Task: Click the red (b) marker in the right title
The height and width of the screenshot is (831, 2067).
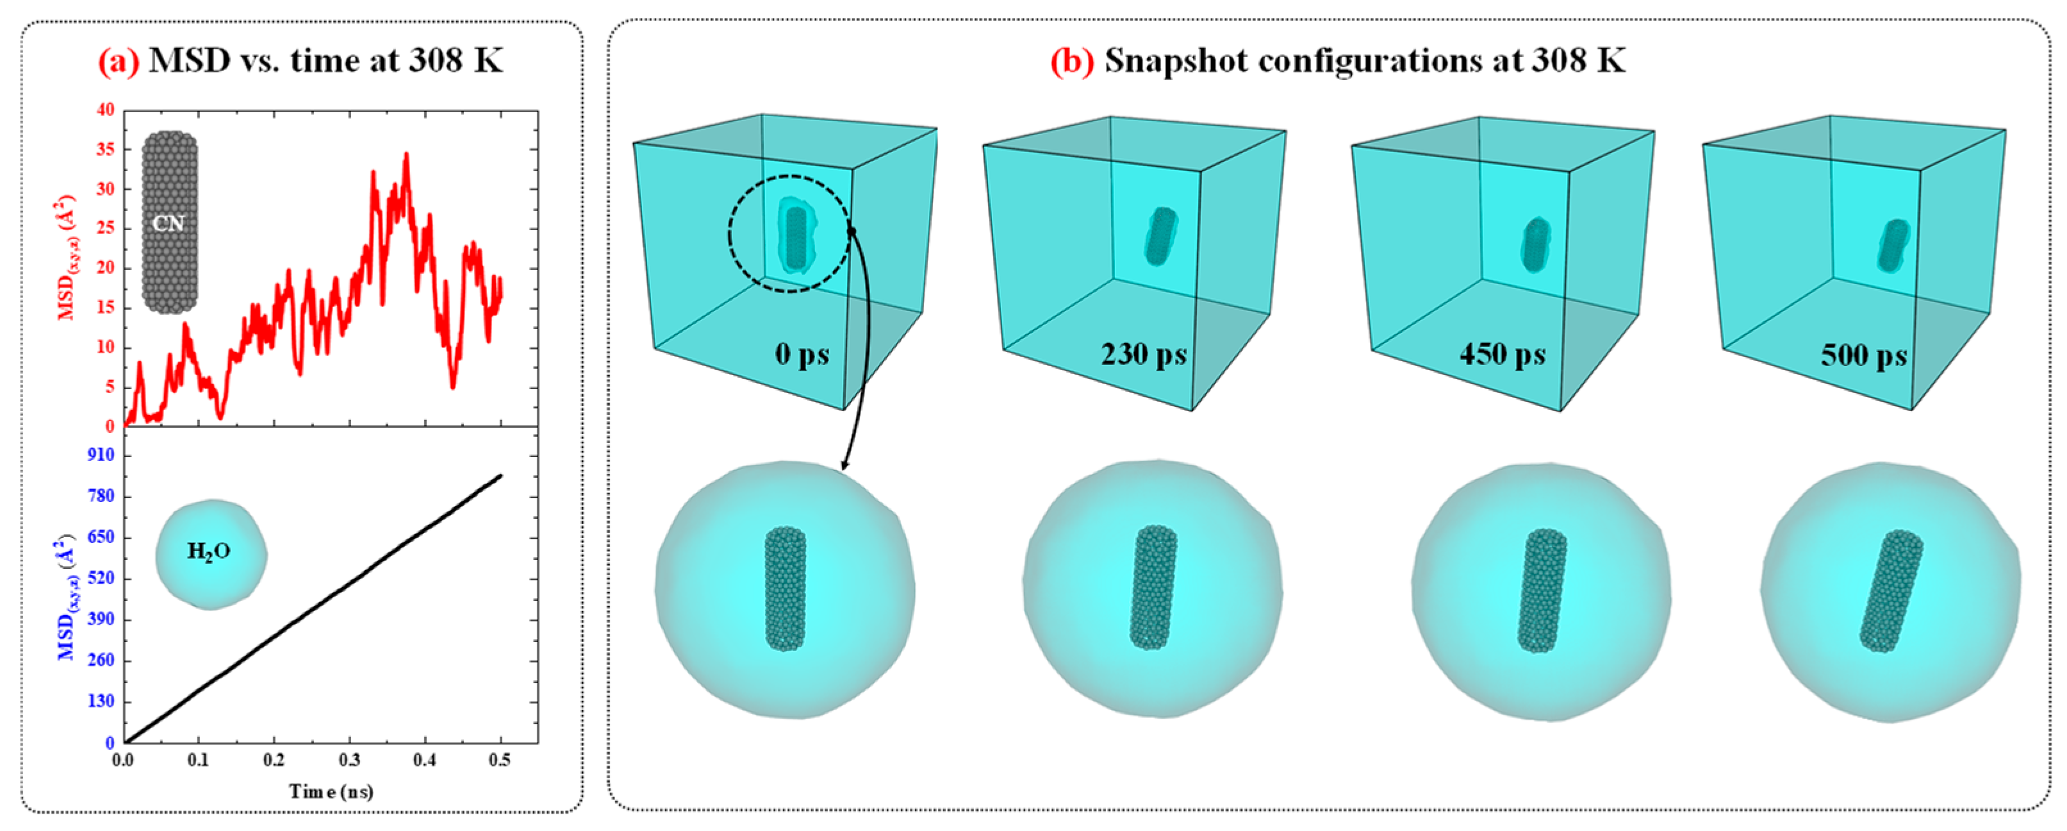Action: click(x=1072, y=61)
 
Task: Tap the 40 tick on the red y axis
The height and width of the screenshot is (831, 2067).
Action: click(x=106, y=110)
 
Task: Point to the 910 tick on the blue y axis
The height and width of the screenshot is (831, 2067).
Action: click(x=101, y=455)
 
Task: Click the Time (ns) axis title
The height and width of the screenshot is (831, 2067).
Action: click(x=331, y=792)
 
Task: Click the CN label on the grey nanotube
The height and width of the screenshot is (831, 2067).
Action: click(x=169, y=223)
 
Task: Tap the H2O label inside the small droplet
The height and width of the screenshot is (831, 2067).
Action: click(x=209, y=551)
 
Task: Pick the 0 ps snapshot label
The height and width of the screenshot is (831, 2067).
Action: click(x=802, y=354)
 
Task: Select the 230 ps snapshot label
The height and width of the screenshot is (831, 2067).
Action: click(x=1144, y=354)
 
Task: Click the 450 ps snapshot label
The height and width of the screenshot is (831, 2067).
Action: click(x=1501, y=354)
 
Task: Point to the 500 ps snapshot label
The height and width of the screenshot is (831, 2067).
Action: click(x=1863, y=354)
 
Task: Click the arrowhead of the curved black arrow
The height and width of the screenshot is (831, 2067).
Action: click(x=842, y=467)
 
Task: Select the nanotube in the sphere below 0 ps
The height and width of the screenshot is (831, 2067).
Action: click(x=785, y=589)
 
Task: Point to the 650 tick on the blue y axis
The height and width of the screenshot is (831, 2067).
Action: click(x=101, y=537)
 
